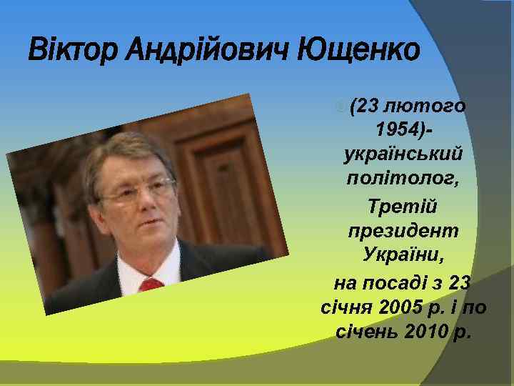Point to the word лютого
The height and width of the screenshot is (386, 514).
click(425, 107)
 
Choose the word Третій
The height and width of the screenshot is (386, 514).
click(403, 207)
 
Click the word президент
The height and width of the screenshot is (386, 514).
click(403, 230)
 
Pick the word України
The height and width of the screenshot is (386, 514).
click(403, 254)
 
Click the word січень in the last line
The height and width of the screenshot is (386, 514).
click(361, 332)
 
